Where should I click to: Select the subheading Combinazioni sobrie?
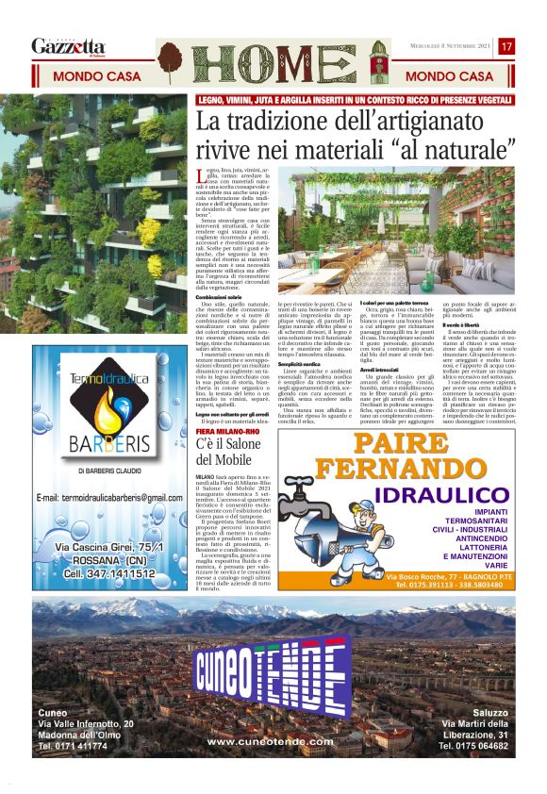coord(221,296)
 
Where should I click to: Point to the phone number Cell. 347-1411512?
coord(106,572)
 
